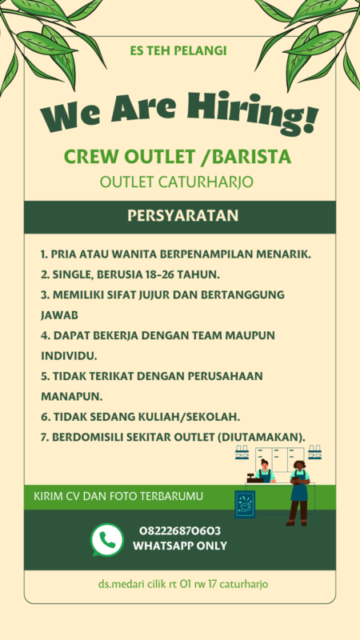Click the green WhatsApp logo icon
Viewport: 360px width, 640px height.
[107, 539]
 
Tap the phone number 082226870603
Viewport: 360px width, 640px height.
[180, 530]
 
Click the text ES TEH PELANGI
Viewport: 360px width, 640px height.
[178, 50]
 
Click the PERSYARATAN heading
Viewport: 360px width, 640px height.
[179, 216]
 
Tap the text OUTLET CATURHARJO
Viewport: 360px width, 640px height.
[177, 182]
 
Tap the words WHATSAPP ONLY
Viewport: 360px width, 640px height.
[180, 546]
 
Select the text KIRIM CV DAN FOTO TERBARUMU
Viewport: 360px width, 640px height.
[118, 496]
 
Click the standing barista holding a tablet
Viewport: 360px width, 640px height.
[298, 491]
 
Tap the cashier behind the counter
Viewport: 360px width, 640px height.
[263, 472]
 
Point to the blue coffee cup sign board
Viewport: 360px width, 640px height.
[244, 504]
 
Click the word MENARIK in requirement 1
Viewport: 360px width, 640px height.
[286, 254]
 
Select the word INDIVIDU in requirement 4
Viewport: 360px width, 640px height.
[68, 354]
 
